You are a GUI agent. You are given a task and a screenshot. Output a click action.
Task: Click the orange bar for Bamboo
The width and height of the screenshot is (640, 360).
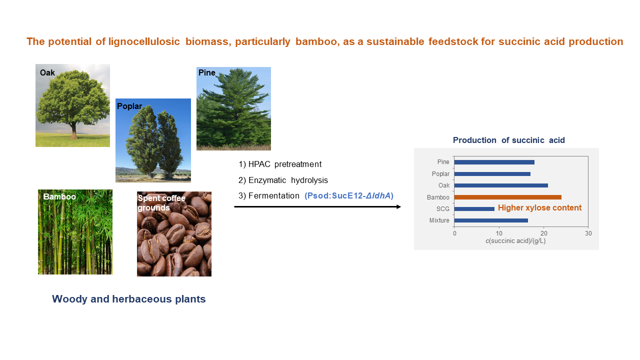tap(507, 197)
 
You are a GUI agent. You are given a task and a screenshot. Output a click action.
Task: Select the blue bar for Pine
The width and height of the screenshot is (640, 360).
tap(494, 162)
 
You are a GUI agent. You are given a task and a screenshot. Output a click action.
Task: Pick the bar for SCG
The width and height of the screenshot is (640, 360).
tap(474, 209)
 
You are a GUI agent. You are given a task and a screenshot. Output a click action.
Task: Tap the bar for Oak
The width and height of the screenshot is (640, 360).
tap(501, 185)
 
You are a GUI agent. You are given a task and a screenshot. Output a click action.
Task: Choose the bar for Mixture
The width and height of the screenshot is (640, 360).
tap(491, 220)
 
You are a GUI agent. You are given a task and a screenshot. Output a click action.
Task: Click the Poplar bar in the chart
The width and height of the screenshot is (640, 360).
tap(492, 174)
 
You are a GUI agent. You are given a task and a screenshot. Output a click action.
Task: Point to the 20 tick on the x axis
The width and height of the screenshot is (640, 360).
tap(543, 233)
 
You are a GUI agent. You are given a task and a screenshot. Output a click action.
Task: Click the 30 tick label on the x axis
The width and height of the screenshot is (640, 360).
tap(588, 233)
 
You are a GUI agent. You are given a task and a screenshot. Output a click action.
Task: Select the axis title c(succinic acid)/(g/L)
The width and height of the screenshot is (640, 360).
tap(515, 241)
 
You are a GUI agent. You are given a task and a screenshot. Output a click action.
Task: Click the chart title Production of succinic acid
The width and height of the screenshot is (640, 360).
tap(509, 140)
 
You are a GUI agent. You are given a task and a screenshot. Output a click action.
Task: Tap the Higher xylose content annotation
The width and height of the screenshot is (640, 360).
tap(539, 207)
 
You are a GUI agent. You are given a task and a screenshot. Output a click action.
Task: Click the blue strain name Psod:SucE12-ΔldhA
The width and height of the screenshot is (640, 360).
tap(349, 195)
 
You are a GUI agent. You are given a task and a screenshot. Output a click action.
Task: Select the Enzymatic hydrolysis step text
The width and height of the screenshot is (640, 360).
tap(288, 180)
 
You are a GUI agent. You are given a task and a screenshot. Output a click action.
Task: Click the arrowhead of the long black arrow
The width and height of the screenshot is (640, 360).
tap(399, 206)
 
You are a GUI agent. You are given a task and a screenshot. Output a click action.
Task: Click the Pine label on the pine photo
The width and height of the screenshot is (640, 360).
tap(206, 72)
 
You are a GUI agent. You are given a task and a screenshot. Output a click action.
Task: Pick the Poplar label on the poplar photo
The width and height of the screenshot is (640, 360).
tap(129, 106)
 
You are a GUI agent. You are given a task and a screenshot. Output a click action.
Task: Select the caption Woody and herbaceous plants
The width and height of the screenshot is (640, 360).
tap(129, 299)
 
